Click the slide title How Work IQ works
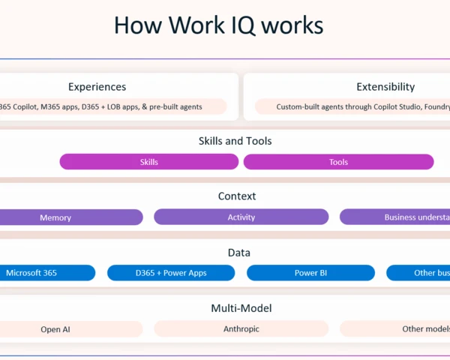tap(218, 25)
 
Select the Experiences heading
tap(97, 87)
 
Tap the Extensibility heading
tap(385, 87)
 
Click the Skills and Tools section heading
tap(235, 141)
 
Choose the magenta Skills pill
tap(148, 162)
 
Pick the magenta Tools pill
tap(338, 162)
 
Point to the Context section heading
tap(237, 196)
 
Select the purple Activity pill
tap(241, 217)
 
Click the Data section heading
tap(238, 253)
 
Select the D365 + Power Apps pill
tap(171, 273)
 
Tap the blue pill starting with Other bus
tap(420, 273)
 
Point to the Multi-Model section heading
tap(241, 308)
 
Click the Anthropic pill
tap(241, 329)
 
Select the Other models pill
tap(397, 329)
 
